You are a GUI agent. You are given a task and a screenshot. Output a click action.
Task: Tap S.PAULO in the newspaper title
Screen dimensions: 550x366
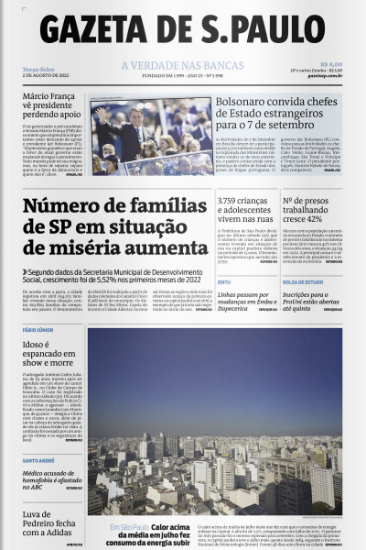(x=259, y=30)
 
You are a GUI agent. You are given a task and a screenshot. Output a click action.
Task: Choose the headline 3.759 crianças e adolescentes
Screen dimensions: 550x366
(x=244, y=207)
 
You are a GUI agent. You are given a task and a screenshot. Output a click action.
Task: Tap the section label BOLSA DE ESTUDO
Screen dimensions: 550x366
(x=304, y=281)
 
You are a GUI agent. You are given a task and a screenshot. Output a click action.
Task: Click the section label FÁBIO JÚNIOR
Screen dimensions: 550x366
(x=38, y=329)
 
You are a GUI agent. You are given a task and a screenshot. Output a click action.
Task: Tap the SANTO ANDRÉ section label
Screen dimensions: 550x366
(x=39, y=460)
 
